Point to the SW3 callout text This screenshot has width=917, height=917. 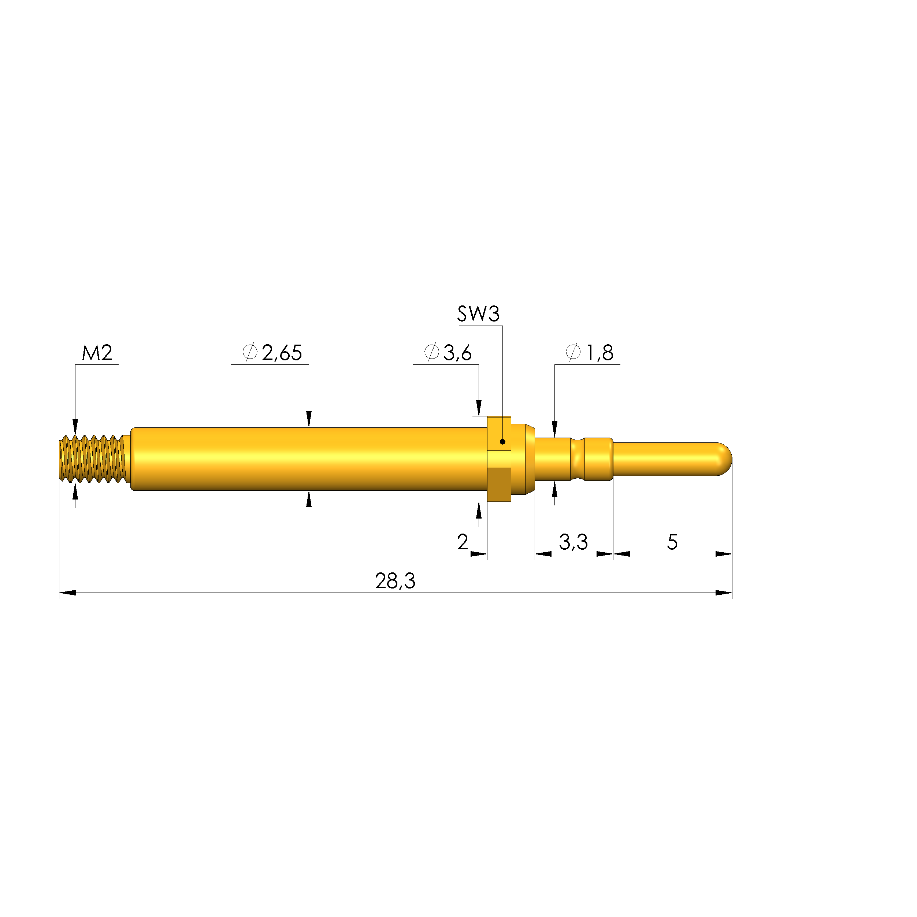[478, 314]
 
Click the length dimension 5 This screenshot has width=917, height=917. [672, 542]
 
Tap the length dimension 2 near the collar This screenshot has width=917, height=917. [462, 542]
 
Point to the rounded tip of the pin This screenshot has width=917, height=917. [724, 459]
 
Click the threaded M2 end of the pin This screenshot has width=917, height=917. [93, 459]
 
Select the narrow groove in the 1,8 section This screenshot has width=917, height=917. [578, 459]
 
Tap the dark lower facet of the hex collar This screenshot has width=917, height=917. [498, 485]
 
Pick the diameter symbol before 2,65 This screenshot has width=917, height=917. [250, 352]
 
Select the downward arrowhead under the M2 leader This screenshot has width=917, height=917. [75, 426]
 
